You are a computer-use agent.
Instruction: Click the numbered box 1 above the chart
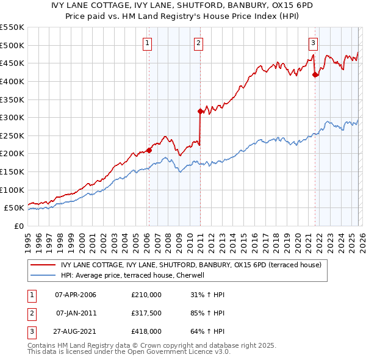point(148,43)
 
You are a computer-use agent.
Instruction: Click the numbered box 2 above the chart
point(199,43)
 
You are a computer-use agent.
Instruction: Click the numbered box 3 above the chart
point(313,43)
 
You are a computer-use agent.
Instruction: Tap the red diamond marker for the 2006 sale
point(149,149)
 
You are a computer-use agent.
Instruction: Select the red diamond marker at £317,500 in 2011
point(200,111)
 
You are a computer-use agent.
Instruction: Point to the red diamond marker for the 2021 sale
point(315,75)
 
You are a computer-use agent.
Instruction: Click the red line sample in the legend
point(43,265)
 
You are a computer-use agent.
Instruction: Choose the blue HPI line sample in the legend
point(43,275)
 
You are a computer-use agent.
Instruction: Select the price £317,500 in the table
point(146,313)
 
